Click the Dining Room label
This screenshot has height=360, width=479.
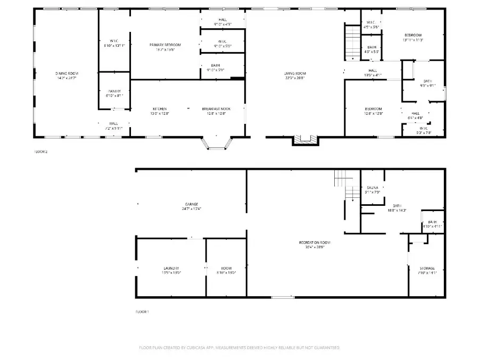(67, 73)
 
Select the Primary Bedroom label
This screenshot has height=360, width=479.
(165, 45)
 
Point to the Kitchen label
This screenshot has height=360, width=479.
(160, 108)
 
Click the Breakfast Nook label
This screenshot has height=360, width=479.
(216, 108)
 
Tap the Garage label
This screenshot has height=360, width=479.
(192, 204)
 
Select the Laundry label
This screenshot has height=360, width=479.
(171, 268)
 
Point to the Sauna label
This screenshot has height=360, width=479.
(373, 188)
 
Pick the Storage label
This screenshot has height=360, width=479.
(427, 268)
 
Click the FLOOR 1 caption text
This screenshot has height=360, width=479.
(142, 312)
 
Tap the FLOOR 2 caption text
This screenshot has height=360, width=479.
(41, 152)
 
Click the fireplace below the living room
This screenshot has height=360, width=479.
(305, 140)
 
